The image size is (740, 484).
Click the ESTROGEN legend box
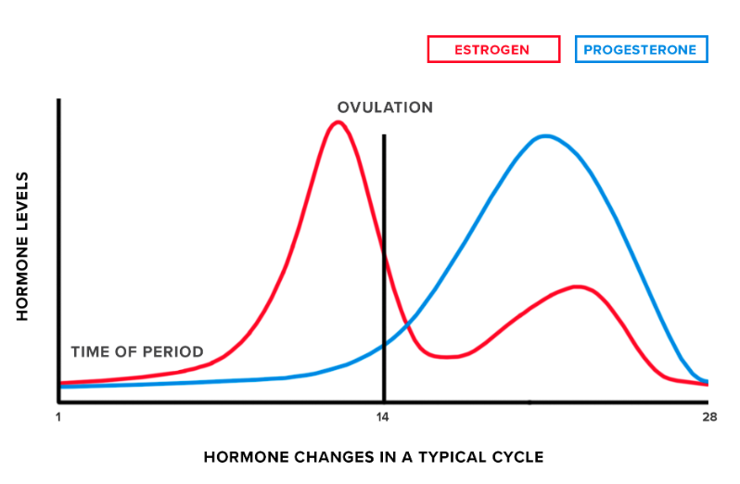click(493, 49)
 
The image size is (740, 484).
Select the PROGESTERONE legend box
click(641, 49)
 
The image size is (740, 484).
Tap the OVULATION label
click(385, 108)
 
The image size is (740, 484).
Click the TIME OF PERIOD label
click(137, 352)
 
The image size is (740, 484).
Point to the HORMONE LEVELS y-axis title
click(23, 247)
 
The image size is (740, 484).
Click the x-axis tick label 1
click(58, 417)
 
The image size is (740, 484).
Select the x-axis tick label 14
click(383, 417)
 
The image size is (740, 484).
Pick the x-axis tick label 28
click(709, 417)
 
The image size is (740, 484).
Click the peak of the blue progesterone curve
click(545, 136)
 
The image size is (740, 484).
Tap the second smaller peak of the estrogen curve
click(578, 287)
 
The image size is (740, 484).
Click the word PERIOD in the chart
click(176, 352)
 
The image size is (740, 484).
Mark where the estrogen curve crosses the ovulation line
click(383, 248)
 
